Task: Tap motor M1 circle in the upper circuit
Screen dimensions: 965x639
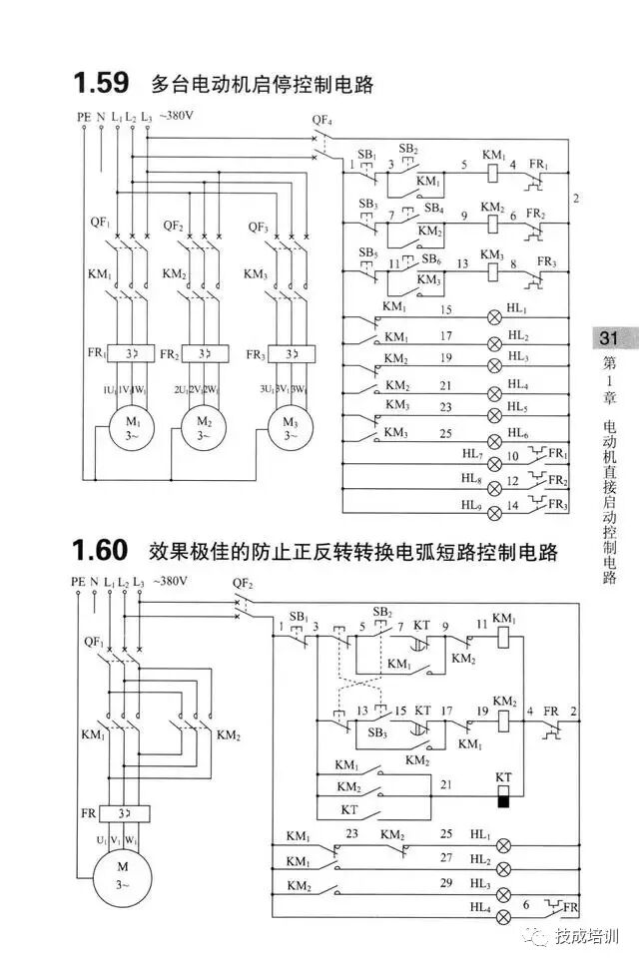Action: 121,428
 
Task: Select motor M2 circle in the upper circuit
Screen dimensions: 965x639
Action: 204,428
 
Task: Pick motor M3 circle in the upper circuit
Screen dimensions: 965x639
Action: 288,428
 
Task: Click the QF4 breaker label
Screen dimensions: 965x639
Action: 321,122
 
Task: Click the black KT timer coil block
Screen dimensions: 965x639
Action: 504,800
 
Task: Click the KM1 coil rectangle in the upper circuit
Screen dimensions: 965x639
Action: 492,172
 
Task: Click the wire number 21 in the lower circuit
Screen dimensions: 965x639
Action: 445,785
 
